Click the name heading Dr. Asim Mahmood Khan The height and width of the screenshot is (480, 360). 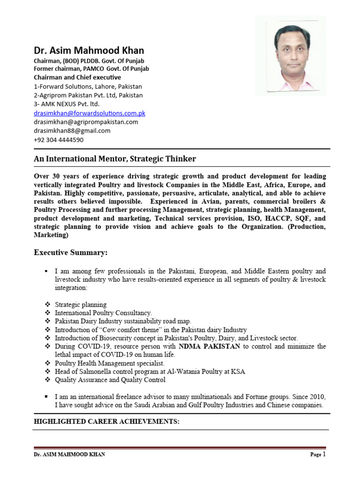click(x=89, y=50)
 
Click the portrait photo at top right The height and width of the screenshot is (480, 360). click(x=290, y=56)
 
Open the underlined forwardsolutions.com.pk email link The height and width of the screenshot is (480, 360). click(x=90, y=113)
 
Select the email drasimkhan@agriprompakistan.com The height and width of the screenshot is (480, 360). click(x=86, y=122)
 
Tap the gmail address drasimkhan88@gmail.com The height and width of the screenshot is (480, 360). click(x=72, y=131)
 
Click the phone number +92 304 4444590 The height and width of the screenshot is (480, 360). click(x=59, y=140)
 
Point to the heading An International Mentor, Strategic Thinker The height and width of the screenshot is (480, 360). click(x=115, y=159)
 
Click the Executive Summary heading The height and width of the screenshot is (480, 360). click(x=70, y=253)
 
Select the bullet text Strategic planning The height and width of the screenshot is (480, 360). click(x=81, y=305)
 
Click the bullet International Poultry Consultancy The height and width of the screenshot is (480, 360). click(x=104, y=313)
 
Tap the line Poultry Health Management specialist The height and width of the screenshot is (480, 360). click(x=110, y=363)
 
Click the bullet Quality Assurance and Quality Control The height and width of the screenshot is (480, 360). click(x=110, y=380)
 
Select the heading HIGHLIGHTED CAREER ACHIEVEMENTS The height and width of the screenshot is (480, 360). click(x=106, y=421)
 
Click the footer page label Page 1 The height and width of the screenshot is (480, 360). click(x=317, y=454)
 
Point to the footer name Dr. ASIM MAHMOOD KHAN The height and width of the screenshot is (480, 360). click(x=69, y=455)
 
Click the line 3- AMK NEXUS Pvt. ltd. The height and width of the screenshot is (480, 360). click(x=67, y=104)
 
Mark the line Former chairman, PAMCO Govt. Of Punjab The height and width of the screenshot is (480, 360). click(x=91, y=68)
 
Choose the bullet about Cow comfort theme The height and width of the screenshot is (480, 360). click(x=150, y=330)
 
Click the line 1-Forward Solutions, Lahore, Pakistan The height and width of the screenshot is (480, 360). click(x=88, y=86)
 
